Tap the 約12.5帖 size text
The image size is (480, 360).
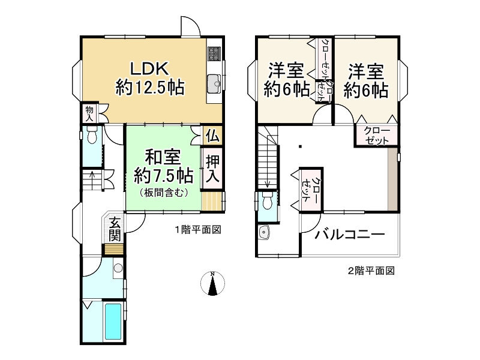click(x=149, y=89)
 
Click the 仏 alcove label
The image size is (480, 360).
click(x=213, y=136)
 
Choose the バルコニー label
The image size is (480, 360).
click(x=350, y=235)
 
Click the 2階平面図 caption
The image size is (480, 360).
click(x=371, y=271)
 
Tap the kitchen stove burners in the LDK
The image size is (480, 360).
click(x=214, y=55)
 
